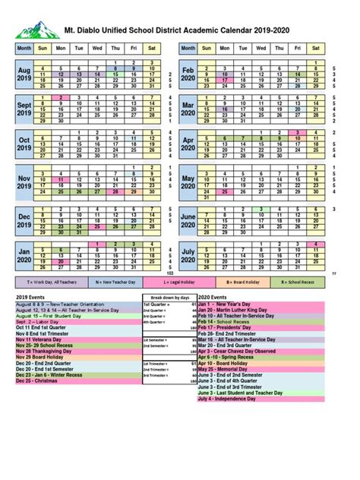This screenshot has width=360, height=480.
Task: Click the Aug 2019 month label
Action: pos(24,74)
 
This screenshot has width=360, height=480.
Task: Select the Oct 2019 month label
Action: pos(24,144)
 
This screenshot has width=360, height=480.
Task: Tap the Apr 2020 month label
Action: pos(188,144)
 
